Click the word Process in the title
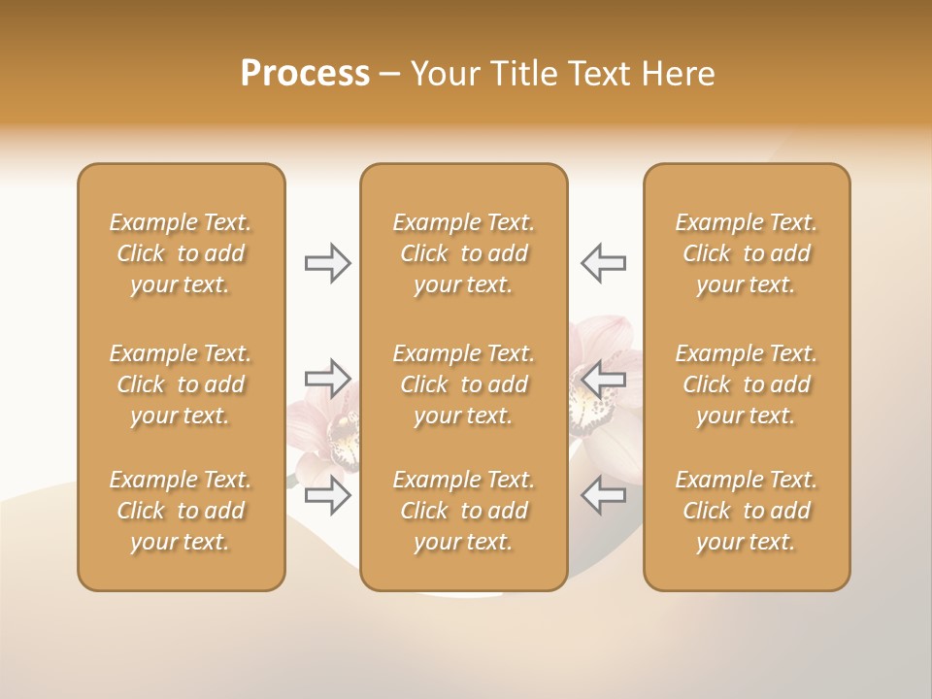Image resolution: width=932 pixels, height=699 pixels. tap(305, 74)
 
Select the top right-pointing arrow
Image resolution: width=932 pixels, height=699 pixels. tap(327, 263)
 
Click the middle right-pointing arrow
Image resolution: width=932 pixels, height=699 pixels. tap(327, 378)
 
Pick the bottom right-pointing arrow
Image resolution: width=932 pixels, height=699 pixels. tap(327, 496)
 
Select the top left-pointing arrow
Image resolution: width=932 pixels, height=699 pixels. tap(604, 263)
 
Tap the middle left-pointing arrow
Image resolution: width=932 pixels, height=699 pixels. tap(604, 378)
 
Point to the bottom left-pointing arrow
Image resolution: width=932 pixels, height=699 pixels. tap(604, 496)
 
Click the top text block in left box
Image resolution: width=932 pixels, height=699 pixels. tap(181, 253)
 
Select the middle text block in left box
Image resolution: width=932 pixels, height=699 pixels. tap(181, 384)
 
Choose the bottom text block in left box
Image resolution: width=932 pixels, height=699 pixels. tap(181, 511)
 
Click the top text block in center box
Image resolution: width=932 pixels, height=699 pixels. tap(463, 253)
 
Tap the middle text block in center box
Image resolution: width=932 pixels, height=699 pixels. tap(463, 384)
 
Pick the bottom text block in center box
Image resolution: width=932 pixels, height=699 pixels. tap(463, 511)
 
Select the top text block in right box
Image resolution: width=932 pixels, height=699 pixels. tap(746, 253)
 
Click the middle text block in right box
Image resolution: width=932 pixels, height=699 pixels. tap(746, 384)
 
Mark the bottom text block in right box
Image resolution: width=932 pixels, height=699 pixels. tap(746, 511)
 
